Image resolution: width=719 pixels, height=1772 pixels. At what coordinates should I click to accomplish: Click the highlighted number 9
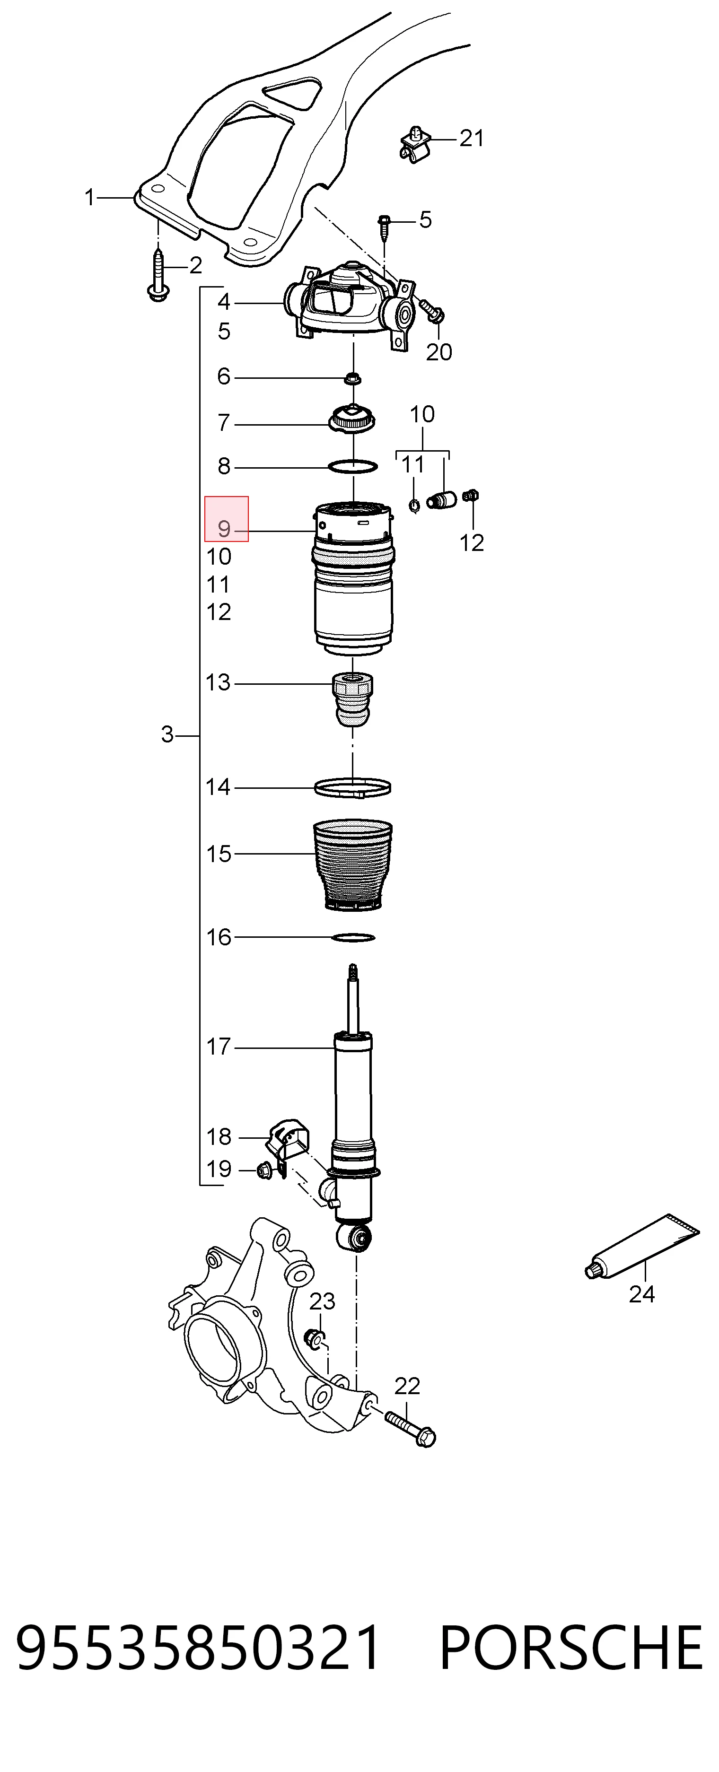pyautogui.click(x=224, y=529)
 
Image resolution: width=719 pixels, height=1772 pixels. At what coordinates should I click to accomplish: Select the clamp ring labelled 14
pyautogui.click(x=353, y=787)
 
